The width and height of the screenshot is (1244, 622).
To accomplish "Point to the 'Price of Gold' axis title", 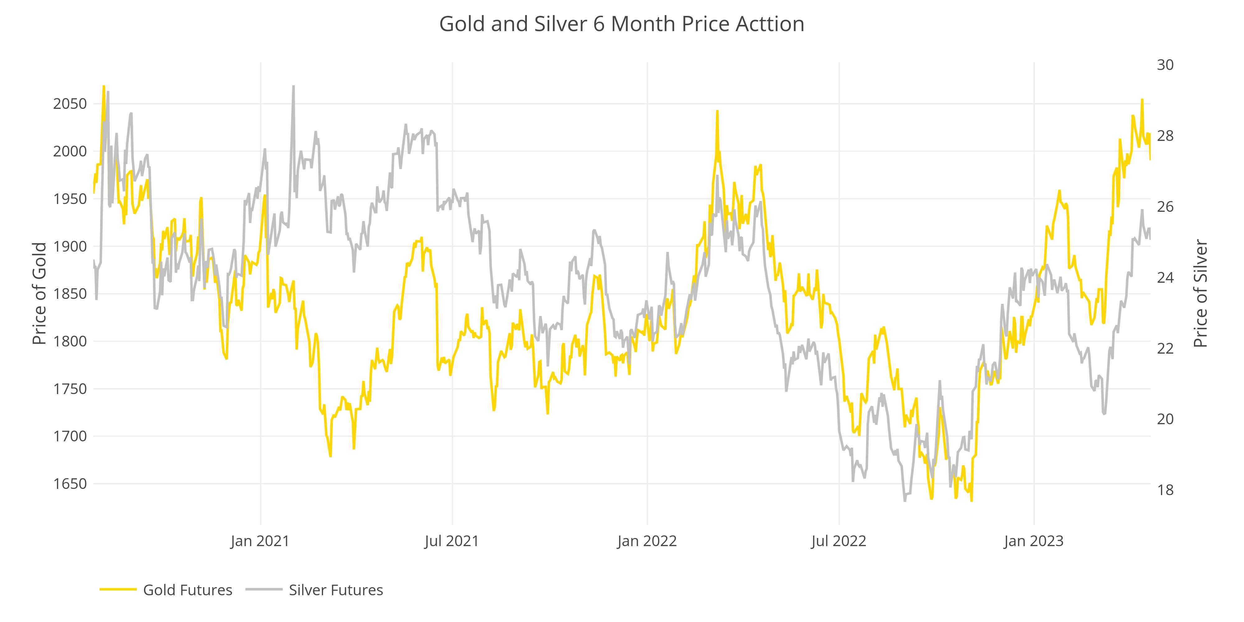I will click(x=39, y=294).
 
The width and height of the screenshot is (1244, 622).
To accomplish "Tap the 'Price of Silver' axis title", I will click(x=1200, y=294).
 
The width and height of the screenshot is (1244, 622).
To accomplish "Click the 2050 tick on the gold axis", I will click(x=70, y=104).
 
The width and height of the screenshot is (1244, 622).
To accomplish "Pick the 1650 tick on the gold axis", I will click(x=70, y=483).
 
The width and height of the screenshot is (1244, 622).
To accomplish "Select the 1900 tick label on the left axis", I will click(x=70, y=246).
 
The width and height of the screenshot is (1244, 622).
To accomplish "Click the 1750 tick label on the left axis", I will click(x=70, y=389).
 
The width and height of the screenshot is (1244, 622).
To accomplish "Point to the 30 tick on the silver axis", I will click(x=1165, y=65).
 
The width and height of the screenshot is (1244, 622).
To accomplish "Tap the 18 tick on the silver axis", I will click(x=1165, y=490).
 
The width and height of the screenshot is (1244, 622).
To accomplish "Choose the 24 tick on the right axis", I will click(x=1165, y=277).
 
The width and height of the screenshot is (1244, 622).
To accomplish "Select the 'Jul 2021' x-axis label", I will click(x=452, y=541).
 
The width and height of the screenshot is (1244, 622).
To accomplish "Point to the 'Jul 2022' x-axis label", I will click(x=838, y=541).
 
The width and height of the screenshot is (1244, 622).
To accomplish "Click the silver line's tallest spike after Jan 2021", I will click(x=294, y=87).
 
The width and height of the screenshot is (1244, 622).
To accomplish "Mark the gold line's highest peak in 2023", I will click(x=1142, y=100).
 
